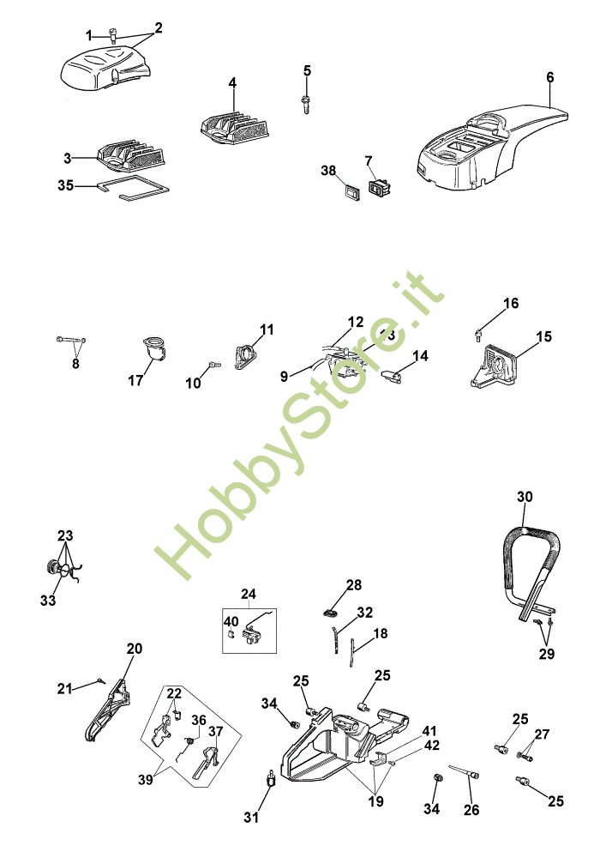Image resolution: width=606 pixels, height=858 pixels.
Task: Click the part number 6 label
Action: coord(549,77)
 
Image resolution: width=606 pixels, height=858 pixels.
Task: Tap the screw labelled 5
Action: coord(305,102)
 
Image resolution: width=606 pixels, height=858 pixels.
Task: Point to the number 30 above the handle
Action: coord(525,497)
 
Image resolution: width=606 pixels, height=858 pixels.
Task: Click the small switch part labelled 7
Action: coord(379,186)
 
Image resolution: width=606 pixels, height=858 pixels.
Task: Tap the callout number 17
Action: coord(135,380)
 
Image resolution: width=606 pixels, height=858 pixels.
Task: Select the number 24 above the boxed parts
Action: coord(248,594)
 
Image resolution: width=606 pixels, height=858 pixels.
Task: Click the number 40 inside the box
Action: coord(231,621)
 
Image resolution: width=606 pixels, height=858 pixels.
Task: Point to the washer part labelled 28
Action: coord(332,613)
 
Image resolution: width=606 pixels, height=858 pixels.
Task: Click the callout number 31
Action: coord(250,818)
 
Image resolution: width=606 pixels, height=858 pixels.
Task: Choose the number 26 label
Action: coord(471,809)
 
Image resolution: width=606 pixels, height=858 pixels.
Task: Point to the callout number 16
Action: coord(511,304)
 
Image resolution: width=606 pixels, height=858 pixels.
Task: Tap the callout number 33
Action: coord(48,601)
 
